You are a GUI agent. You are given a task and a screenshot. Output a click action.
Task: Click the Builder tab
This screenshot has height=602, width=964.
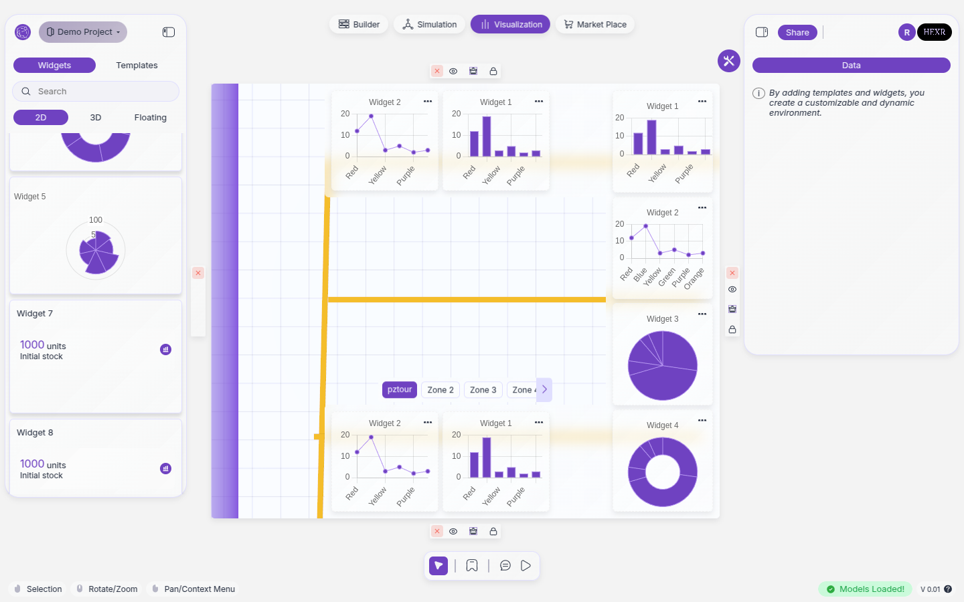point(359,25)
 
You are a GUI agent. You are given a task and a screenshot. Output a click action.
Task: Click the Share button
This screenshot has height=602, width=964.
point(797,33)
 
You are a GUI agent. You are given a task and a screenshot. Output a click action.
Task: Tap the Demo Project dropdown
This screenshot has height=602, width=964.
point(83,32)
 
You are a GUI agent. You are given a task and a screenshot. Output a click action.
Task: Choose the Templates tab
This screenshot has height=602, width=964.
point(137,66)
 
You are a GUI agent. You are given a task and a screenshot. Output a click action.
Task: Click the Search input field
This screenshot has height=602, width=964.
point(96,92)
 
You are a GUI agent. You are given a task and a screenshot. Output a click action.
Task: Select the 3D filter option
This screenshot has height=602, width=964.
point(96,118)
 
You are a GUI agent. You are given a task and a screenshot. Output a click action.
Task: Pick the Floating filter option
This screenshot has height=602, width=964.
point(150,118)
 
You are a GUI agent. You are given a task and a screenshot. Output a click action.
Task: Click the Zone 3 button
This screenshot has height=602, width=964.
point(483,390)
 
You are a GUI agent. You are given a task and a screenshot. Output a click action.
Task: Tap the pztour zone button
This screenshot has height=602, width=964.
point(400,390)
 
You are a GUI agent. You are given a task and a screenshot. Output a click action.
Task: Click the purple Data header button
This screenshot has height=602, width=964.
point(851,66)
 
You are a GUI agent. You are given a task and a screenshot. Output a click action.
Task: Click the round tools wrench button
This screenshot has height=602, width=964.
point(729,61)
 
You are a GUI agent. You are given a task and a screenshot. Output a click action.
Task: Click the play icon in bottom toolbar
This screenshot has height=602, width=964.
point(526,566)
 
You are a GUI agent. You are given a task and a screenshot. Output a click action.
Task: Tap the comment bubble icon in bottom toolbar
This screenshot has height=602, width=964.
point(505,566)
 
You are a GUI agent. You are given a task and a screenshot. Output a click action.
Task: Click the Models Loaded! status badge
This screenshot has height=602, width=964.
point(865,589)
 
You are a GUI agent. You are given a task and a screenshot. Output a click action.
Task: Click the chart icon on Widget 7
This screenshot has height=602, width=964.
point(166,349)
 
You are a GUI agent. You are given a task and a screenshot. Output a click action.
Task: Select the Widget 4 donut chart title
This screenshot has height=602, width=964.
point(662,425)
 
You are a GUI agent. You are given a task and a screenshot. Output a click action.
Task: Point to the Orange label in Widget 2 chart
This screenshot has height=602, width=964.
point(694,278)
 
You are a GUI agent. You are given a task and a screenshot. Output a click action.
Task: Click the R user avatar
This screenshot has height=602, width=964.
point(907,32)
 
